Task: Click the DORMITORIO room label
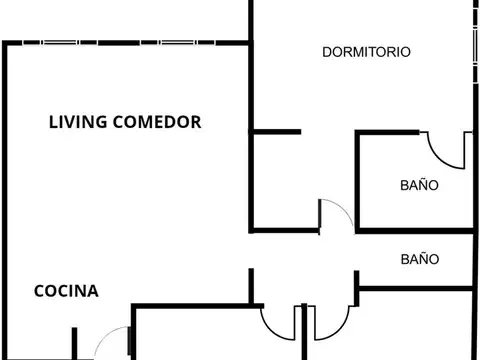367,52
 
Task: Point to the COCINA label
66,292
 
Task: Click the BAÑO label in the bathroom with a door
419,185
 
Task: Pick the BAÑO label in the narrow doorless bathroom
419,258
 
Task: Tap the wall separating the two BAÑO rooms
415,230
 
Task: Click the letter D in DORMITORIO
327,52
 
